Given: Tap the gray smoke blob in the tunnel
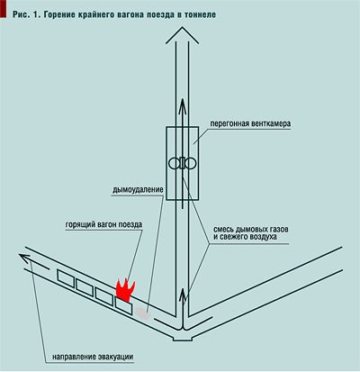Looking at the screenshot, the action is click(x=143, y=313).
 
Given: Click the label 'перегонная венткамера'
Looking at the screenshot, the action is click(x=250, y=123).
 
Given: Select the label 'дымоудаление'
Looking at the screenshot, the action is click(x=138, y=190).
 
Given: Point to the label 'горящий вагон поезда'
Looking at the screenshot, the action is click(x=103, y=224).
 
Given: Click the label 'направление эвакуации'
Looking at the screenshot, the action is click(x=93, y=357).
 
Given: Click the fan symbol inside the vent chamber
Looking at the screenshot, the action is click(x=182, y=164).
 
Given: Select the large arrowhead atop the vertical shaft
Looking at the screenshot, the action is click(x=182, y=34).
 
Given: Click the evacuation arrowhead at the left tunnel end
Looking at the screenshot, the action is click(x=24, y=258).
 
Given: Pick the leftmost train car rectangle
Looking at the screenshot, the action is click(x=66, y=277).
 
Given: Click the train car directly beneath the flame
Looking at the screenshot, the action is click(x=124, y=305).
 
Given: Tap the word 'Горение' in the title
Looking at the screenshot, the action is click(x=59, y=14).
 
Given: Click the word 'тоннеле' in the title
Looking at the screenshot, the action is click(x=201, y=14).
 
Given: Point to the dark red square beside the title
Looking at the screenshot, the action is click(x=3, y=8).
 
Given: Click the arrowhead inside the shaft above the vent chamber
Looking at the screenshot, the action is click(x=182, y=105).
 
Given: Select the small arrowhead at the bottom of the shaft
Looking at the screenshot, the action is click(x=183, y=295).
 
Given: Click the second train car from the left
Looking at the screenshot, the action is click(x=85, y=287).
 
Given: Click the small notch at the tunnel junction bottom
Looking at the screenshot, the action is click(x=182, y=339).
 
